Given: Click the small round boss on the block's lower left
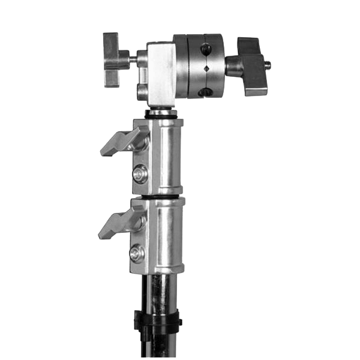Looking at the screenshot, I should point(143,90).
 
